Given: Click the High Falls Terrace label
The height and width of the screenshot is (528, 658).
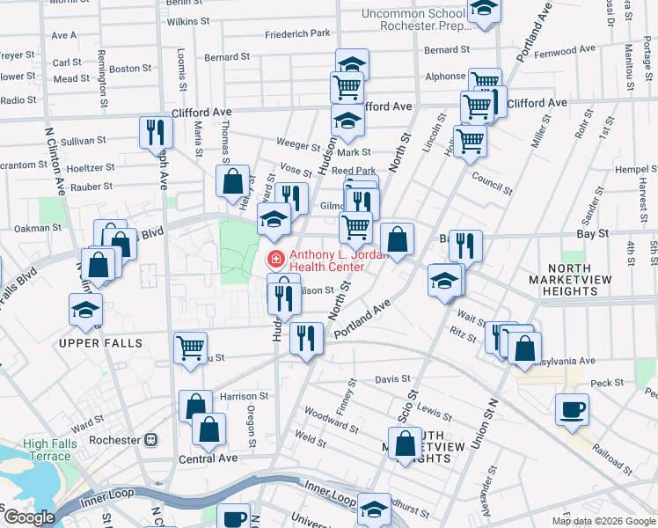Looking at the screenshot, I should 48,450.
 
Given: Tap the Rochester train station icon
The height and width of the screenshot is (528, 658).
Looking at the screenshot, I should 151,439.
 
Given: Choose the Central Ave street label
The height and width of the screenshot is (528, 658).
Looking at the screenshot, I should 208,458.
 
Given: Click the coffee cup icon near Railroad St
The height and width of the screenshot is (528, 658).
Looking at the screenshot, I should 572,409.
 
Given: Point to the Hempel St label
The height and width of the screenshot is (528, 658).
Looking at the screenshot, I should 631,169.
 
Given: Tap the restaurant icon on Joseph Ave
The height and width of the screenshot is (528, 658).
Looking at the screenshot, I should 156,132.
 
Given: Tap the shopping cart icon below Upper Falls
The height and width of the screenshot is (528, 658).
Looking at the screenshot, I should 190,348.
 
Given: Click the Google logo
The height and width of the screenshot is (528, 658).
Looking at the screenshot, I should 28,518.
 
